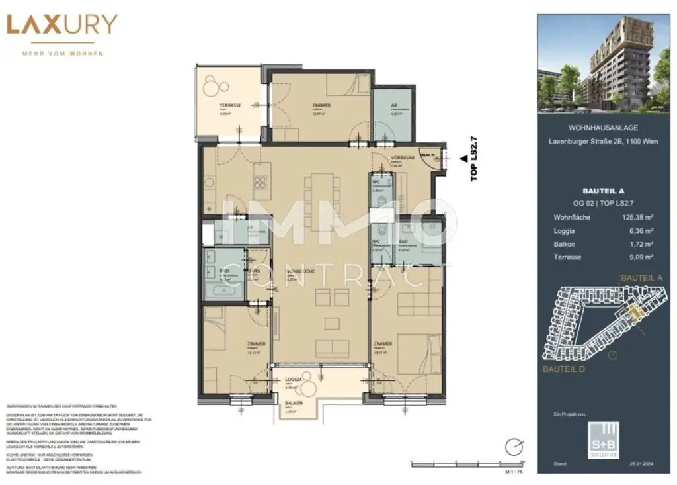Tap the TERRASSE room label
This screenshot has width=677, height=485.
pos(230,105)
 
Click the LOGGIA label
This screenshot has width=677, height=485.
pos(294,380)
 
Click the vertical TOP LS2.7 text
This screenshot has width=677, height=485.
pos(473,159)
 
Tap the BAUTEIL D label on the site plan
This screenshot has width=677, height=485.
pos(563,369)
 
